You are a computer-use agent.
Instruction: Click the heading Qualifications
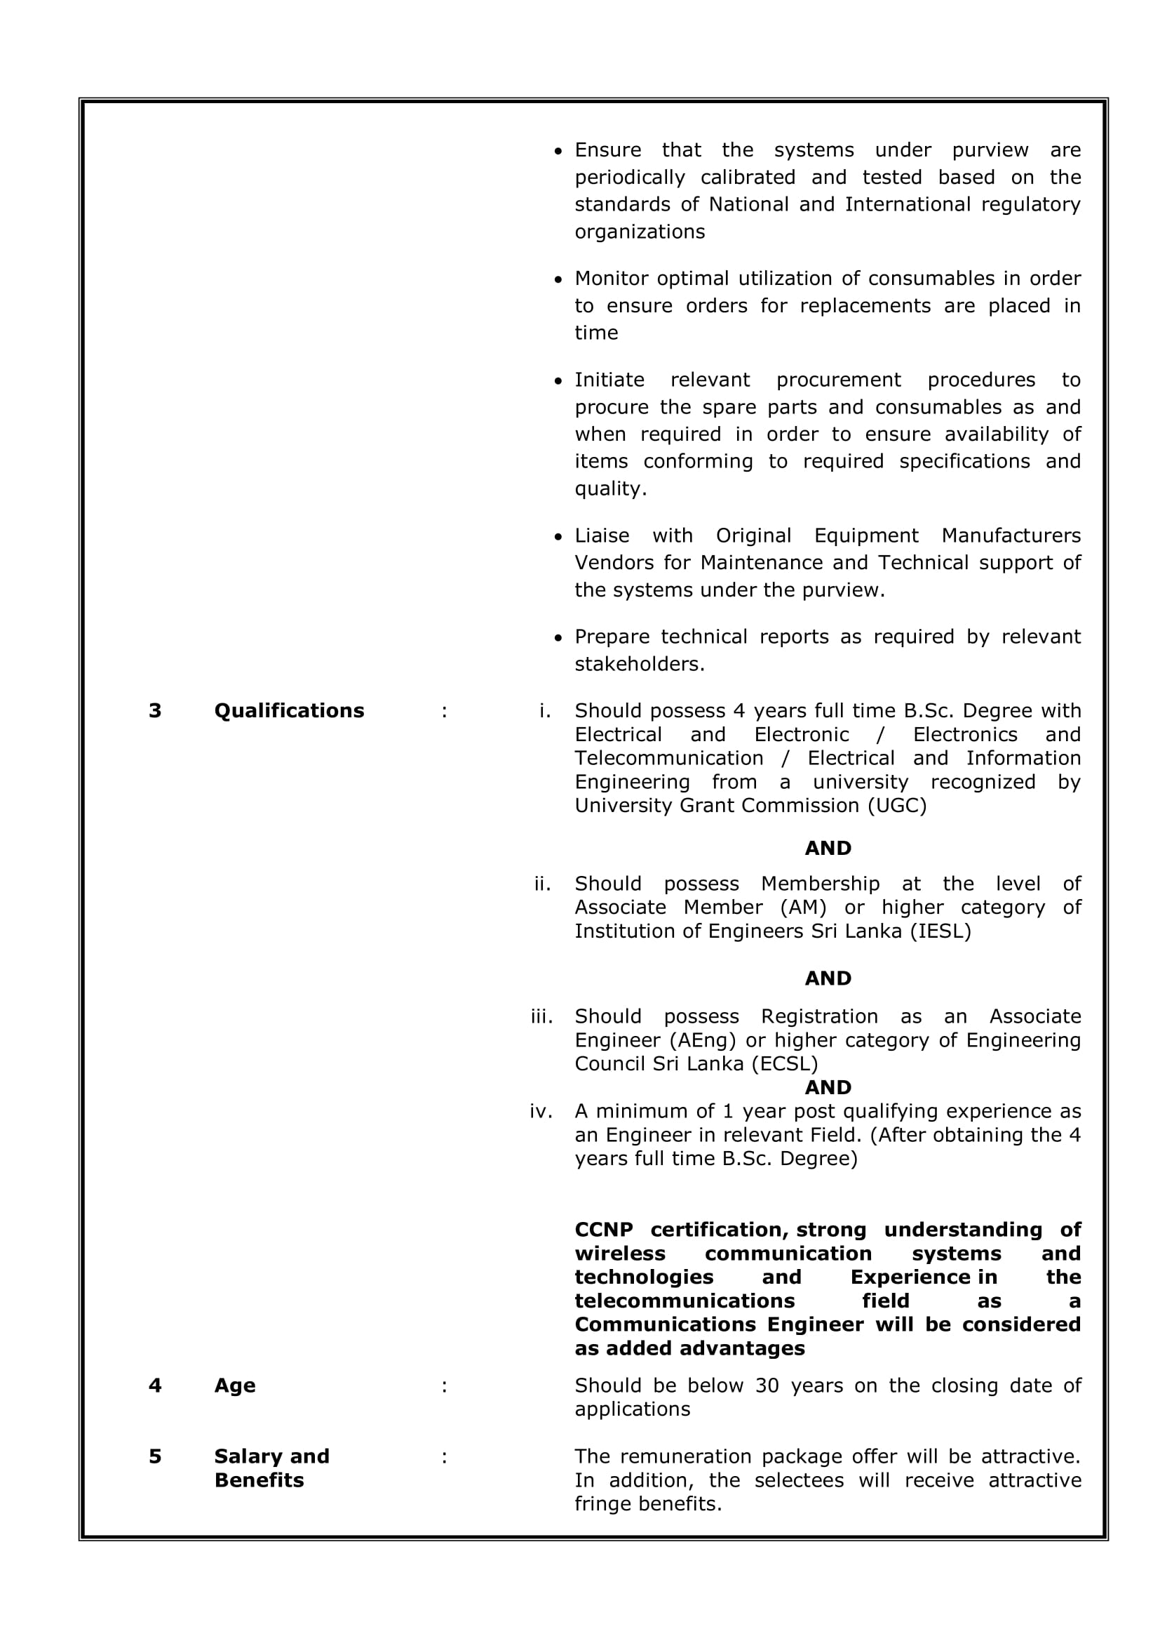tap(288, 710)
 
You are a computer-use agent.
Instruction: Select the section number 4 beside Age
tap(155, 1385)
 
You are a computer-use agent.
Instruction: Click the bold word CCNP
tap(604, 1229)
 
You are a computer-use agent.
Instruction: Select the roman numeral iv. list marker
tap(541, 1111)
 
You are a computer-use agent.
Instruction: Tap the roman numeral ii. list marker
tap(542, 884)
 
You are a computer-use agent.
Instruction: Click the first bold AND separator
tap(827, 849)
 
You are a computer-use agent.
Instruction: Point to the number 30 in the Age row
tap(767, 1385)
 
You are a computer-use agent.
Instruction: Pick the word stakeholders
tap(639, 664)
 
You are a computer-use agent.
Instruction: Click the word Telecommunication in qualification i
tap(668, 758)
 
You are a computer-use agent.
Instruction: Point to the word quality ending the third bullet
tap(609, 489)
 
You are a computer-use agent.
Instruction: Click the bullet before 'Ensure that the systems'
tap(558, 151)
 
